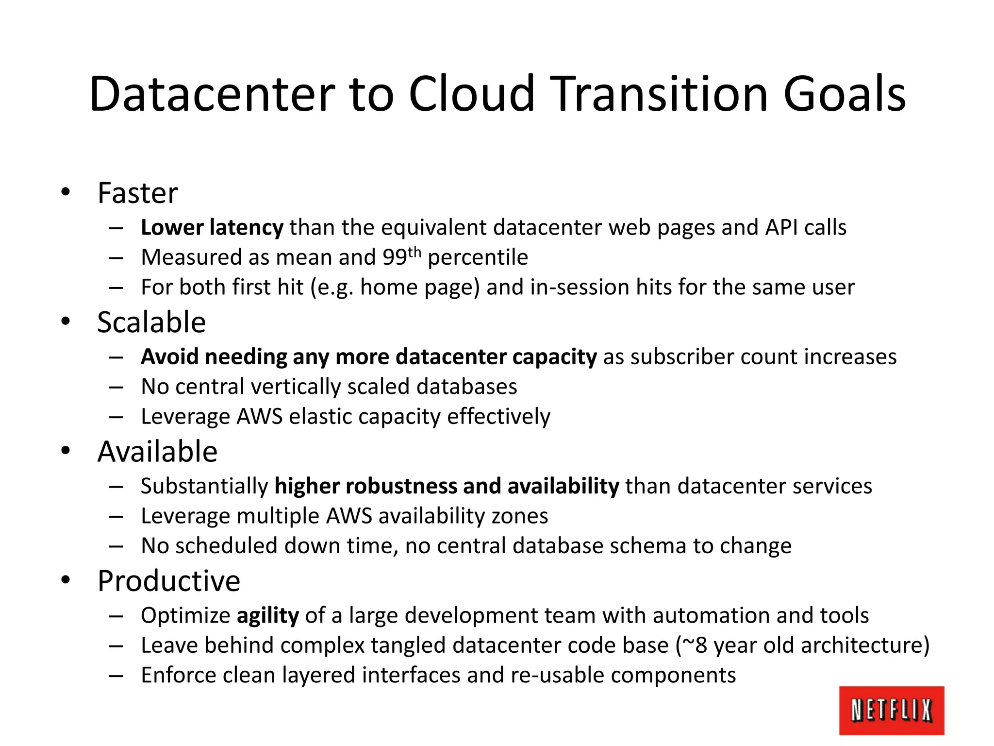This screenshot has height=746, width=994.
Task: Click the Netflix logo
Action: point(892,710)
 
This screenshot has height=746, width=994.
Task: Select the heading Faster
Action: point(138,193)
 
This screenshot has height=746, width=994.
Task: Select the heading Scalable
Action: point(151,322)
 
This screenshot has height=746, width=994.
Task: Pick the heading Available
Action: point(157,452)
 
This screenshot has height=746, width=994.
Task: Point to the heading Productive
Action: point(169,581)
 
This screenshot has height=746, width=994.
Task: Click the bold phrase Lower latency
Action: point(212,227)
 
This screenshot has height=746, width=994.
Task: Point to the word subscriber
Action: point(681,357)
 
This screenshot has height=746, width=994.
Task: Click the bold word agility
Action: point(268,615)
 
